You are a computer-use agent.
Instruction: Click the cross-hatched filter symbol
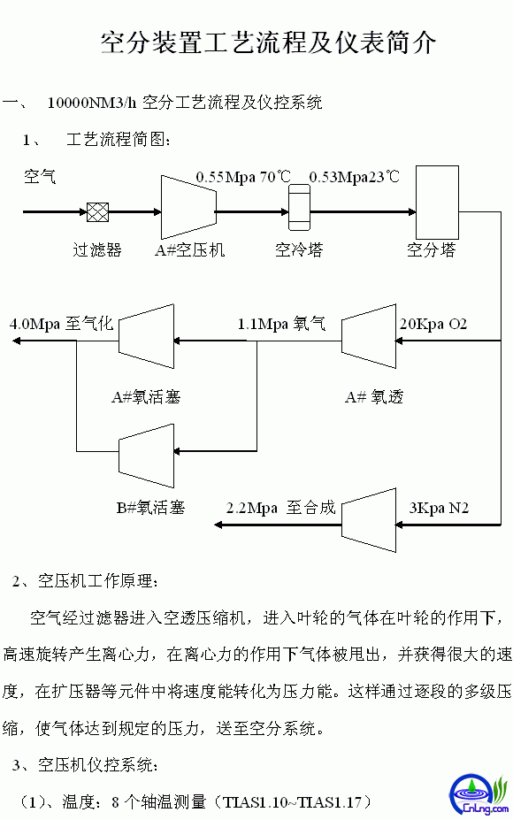[98, 212]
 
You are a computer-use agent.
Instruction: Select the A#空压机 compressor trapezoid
[188, 208]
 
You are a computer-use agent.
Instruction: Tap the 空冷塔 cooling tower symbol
[300, 208]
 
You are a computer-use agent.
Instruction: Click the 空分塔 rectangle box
[437, 203]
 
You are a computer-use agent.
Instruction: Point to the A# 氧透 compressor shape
[369, 336]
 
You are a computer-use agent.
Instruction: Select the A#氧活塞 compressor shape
[147, 336]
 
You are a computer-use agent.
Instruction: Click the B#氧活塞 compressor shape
[147, 456]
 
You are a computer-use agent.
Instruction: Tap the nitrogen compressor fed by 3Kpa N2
[369, 520]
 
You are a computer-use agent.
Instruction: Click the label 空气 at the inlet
[40, 176]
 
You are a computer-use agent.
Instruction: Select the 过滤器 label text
[97, 250]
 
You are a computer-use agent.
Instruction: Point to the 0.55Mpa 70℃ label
[243, 177]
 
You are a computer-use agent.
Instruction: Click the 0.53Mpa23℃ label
[354, 177]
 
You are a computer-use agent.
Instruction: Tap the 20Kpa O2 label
[433, 325]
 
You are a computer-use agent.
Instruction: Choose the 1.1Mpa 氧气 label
[281, 325]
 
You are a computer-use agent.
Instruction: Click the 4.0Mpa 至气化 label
[61, 324]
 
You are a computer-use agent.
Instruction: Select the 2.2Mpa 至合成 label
[280, 508]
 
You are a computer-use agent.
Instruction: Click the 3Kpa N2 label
[439, 508]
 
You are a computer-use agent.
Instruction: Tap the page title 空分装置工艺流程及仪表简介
[268, 42]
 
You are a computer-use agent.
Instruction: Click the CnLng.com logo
[479, 794]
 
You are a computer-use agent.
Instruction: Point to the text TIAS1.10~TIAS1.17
[292, 801]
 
